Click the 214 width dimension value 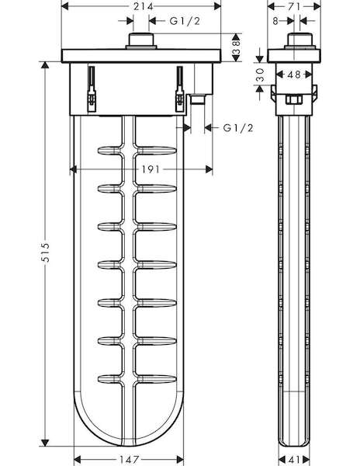click(x=143, y=6)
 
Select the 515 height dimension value click(x=45, y=252)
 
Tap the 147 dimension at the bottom click(x=129, y=460)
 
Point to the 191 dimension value click(x=151, y=169)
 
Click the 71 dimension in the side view click(x=294, y=6)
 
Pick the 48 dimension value click(x=294, y=75)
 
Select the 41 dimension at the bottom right click(x=294, y=460)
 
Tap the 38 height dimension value click(x=236, y=47)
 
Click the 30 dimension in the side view click(x=260, y=75)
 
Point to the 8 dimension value click(x=275, y=21)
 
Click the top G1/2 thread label click(x=185, y=21)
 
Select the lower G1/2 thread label click(x=238, y=128)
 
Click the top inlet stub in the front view click(x=141, y=41)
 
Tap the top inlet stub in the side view click(x=299, y=41)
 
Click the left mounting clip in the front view click(x=92, y=89)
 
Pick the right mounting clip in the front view click(x=179, y=89)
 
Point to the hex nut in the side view click(x=294, y=99)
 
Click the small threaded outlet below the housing click(x=197, y=99)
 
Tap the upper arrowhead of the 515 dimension click(x=45, y=65)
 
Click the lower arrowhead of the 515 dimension click(x=45, y=443)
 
